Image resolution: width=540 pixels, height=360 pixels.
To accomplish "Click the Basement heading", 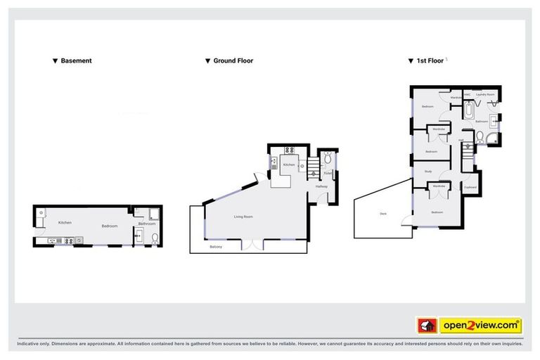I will (76, 61).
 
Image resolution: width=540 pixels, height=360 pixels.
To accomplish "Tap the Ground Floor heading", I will (233, 61).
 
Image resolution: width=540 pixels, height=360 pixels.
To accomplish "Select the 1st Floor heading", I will (430, 61).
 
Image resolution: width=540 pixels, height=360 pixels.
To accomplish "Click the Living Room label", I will (243, 217).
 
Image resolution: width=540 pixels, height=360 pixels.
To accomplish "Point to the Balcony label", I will (217, 247).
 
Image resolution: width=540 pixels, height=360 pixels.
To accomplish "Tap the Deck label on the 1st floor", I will (383, 213).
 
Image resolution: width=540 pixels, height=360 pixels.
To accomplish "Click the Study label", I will (427, 172).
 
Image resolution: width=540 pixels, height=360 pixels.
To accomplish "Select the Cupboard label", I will (470, 187).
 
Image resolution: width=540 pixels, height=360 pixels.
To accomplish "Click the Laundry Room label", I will (486, 94).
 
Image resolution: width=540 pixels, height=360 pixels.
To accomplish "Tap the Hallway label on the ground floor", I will (321, 186).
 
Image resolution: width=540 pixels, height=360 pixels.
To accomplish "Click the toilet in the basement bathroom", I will (139, 240).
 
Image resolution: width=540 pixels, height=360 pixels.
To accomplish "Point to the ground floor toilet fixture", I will (328, 158).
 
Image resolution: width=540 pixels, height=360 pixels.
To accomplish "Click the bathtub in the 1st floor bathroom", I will (469, 111).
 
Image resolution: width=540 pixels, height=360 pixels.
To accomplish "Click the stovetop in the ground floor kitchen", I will (289, 150).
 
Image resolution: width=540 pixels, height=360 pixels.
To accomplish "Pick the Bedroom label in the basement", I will (109, 226).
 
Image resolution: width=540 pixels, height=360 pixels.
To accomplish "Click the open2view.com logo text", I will (480, 326).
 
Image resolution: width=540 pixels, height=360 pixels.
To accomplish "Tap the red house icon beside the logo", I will (427, 326).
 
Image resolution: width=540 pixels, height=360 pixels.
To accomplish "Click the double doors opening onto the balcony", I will (251, 245).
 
